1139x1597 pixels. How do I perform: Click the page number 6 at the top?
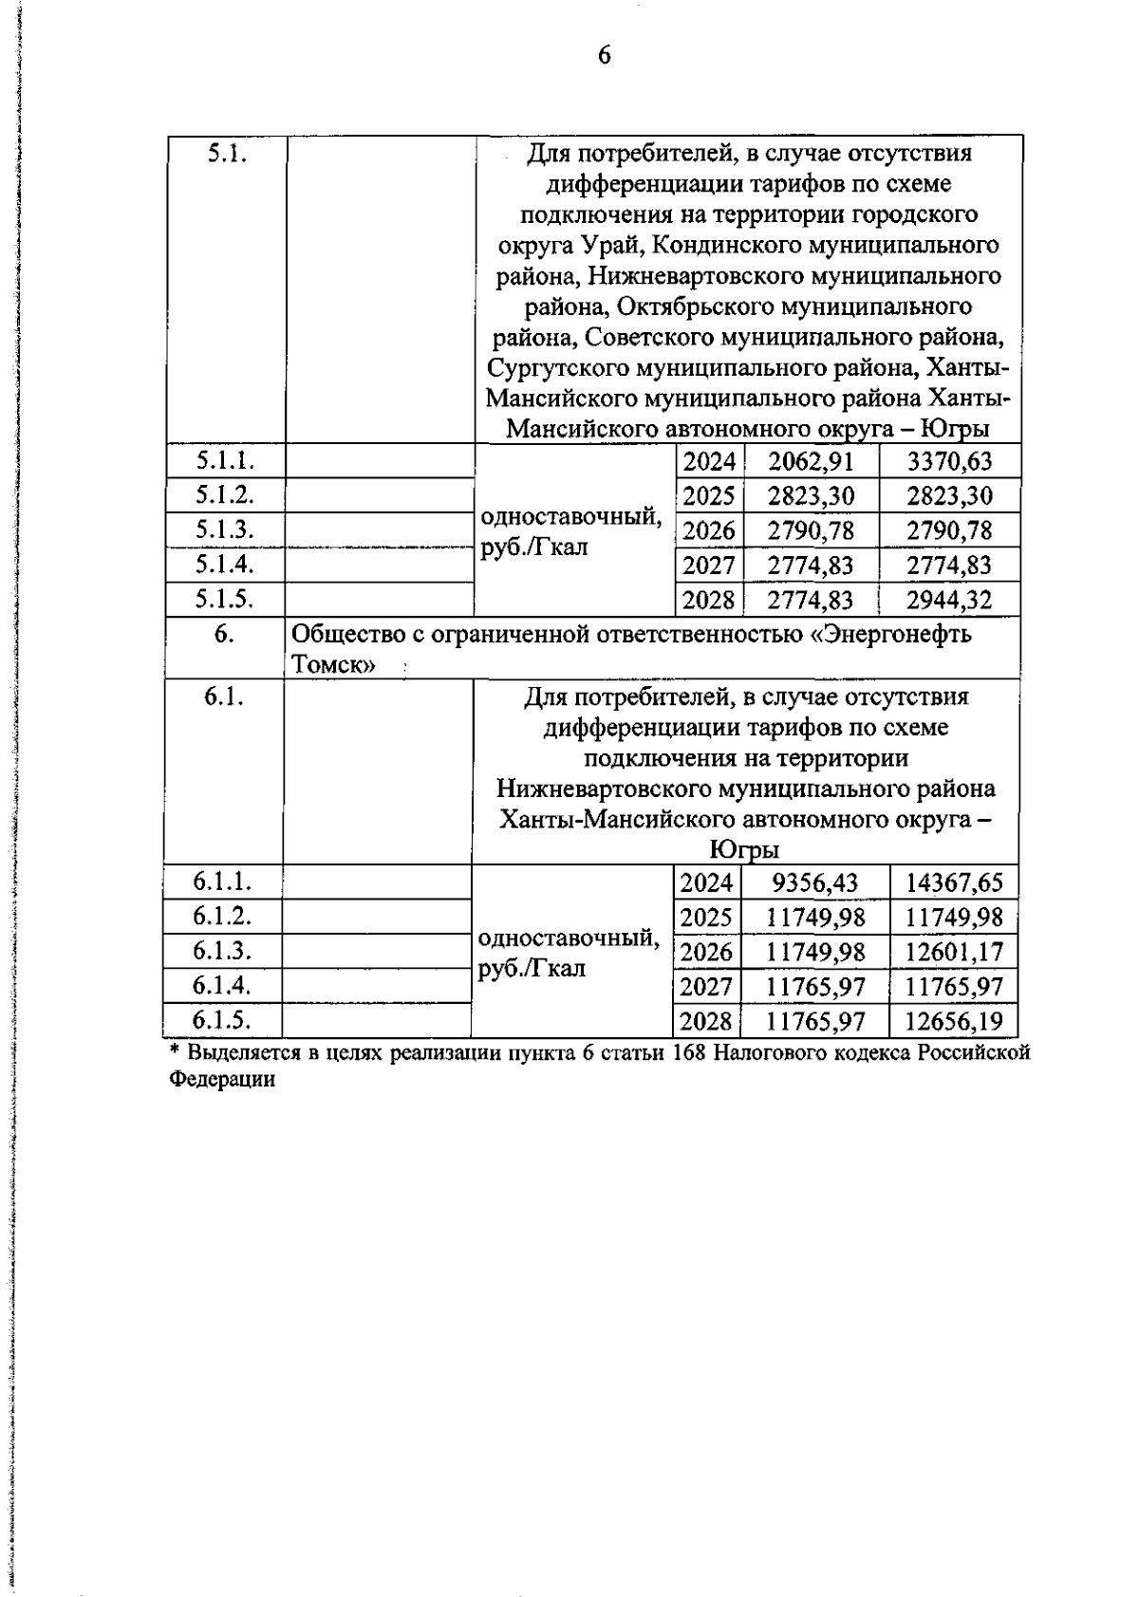(x=603, y=56)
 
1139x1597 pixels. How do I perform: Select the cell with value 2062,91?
(x=811, y=462)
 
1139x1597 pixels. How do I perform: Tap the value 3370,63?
(x=949, y=462)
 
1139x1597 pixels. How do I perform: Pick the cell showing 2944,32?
(x=949, y=600)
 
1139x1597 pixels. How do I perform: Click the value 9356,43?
(x=814, y=883)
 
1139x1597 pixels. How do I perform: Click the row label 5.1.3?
(x=225, y=529)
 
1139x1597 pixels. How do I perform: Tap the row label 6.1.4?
(x=222, y=985)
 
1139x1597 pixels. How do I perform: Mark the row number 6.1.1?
(x=222, y=882)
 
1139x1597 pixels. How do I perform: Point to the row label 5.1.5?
(x=225, y=598)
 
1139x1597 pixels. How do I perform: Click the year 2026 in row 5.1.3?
(x=709, y=530)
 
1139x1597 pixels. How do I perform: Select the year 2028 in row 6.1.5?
(x=707, y=1021)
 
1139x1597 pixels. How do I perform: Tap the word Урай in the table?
(x=612, y=245)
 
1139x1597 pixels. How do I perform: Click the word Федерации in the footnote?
(x=222, y=1079)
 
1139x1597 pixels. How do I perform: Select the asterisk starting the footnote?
(x=175, y=1050)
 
